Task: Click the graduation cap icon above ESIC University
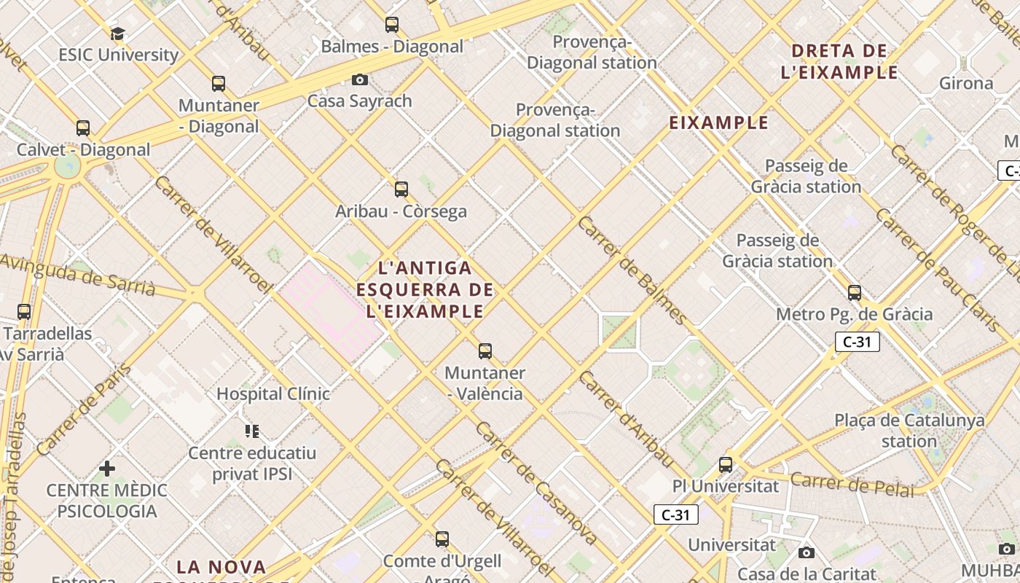[117, 34]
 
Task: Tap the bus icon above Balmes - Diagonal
[392, 25]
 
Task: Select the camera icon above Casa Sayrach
[360, 79]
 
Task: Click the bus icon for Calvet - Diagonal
[83, 128]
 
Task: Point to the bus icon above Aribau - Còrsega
[401, 189]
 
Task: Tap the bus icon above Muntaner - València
[485, 351]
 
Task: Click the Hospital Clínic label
[273, 394]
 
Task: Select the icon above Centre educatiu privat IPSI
[252, 431]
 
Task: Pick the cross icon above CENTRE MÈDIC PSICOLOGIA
[107, 468]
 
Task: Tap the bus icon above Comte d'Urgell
[442, 539]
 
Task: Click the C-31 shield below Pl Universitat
[675, 515]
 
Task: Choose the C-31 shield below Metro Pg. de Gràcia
[857, 342]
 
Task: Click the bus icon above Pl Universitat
[726, 464]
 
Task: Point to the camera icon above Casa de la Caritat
[807, 553]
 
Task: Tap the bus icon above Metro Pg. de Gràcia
[855, 293]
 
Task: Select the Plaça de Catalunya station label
[909, 431]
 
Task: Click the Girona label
[966, 83]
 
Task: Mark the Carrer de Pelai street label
[852, 485]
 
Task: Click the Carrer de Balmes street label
[632, 270]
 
